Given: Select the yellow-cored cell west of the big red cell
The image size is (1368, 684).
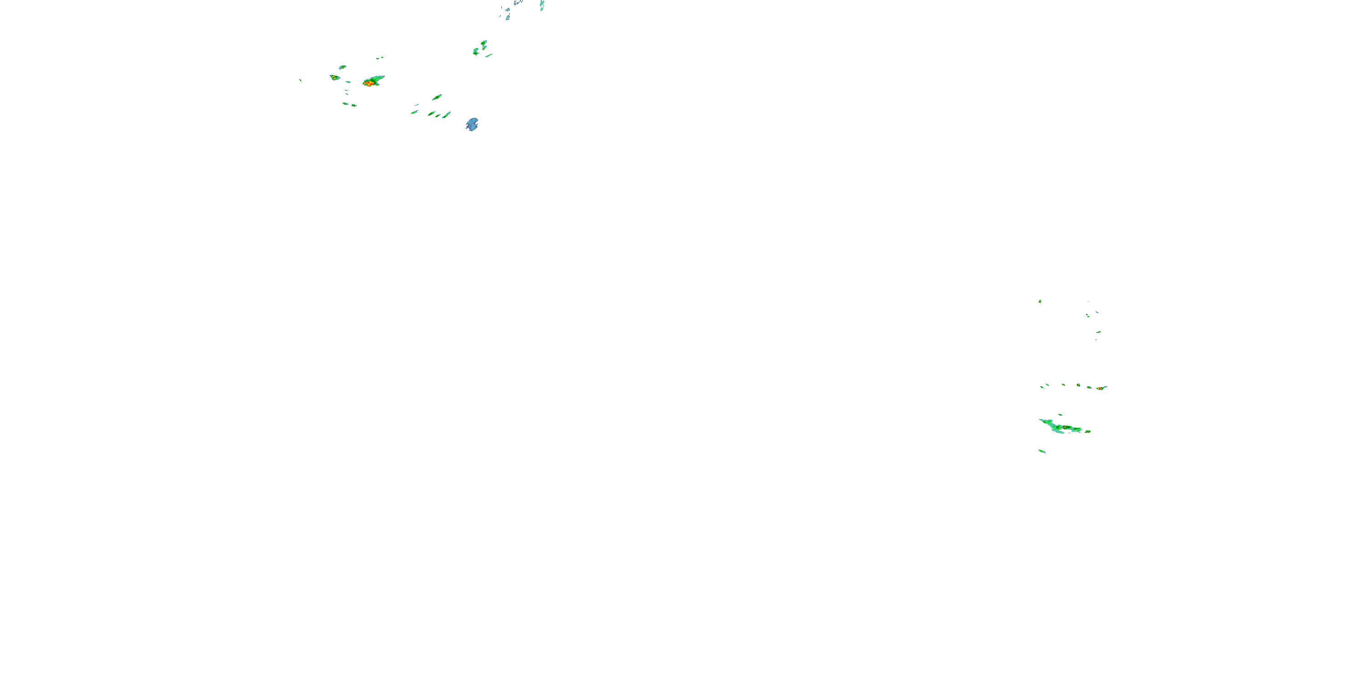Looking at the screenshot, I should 334,78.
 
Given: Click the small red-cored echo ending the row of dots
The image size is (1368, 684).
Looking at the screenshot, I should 1101,388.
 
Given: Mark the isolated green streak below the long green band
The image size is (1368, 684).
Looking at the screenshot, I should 1042,451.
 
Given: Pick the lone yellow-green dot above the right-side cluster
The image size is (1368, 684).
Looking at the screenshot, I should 1040,301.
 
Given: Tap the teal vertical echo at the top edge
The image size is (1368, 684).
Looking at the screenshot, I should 542,5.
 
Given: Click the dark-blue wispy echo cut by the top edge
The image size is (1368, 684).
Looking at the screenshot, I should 517,3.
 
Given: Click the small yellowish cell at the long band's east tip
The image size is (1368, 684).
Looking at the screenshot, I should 1088,431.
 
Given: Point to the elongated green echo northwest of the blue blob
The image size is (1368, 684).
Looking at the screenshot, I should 437,97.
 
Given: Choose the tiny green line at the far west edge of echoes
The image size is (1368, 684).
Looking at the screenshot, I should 300,80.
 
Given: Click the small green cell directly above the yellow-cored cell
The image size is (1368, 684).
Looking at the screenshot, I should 342,67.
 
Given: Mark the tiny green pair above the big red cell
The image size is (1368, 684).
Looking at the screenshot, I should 380,58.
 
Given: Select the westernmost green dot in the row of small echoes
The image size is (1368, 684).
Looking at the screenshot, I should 1042,387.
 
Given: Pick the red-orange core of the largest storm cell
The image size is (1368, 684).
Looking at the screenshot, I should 368,83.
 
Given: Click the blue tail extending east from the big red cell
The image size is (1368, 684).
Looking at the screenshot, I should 380,78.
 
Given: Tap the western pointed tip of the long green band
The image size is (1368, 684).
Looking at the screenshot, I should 1040,420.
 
